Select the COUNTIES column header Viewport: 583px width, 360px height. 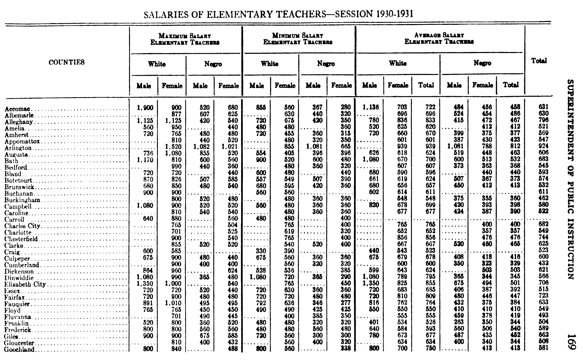[67, 62]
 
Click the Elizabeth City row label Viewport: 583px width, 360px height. [25, 284]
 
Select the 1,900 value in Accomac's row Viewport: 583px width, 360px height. [145, 107]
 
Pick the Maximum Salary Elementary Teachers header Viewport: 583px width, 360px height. [185, 39]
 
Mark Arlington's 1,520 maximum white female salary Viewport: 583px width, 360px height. [173, 147]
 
